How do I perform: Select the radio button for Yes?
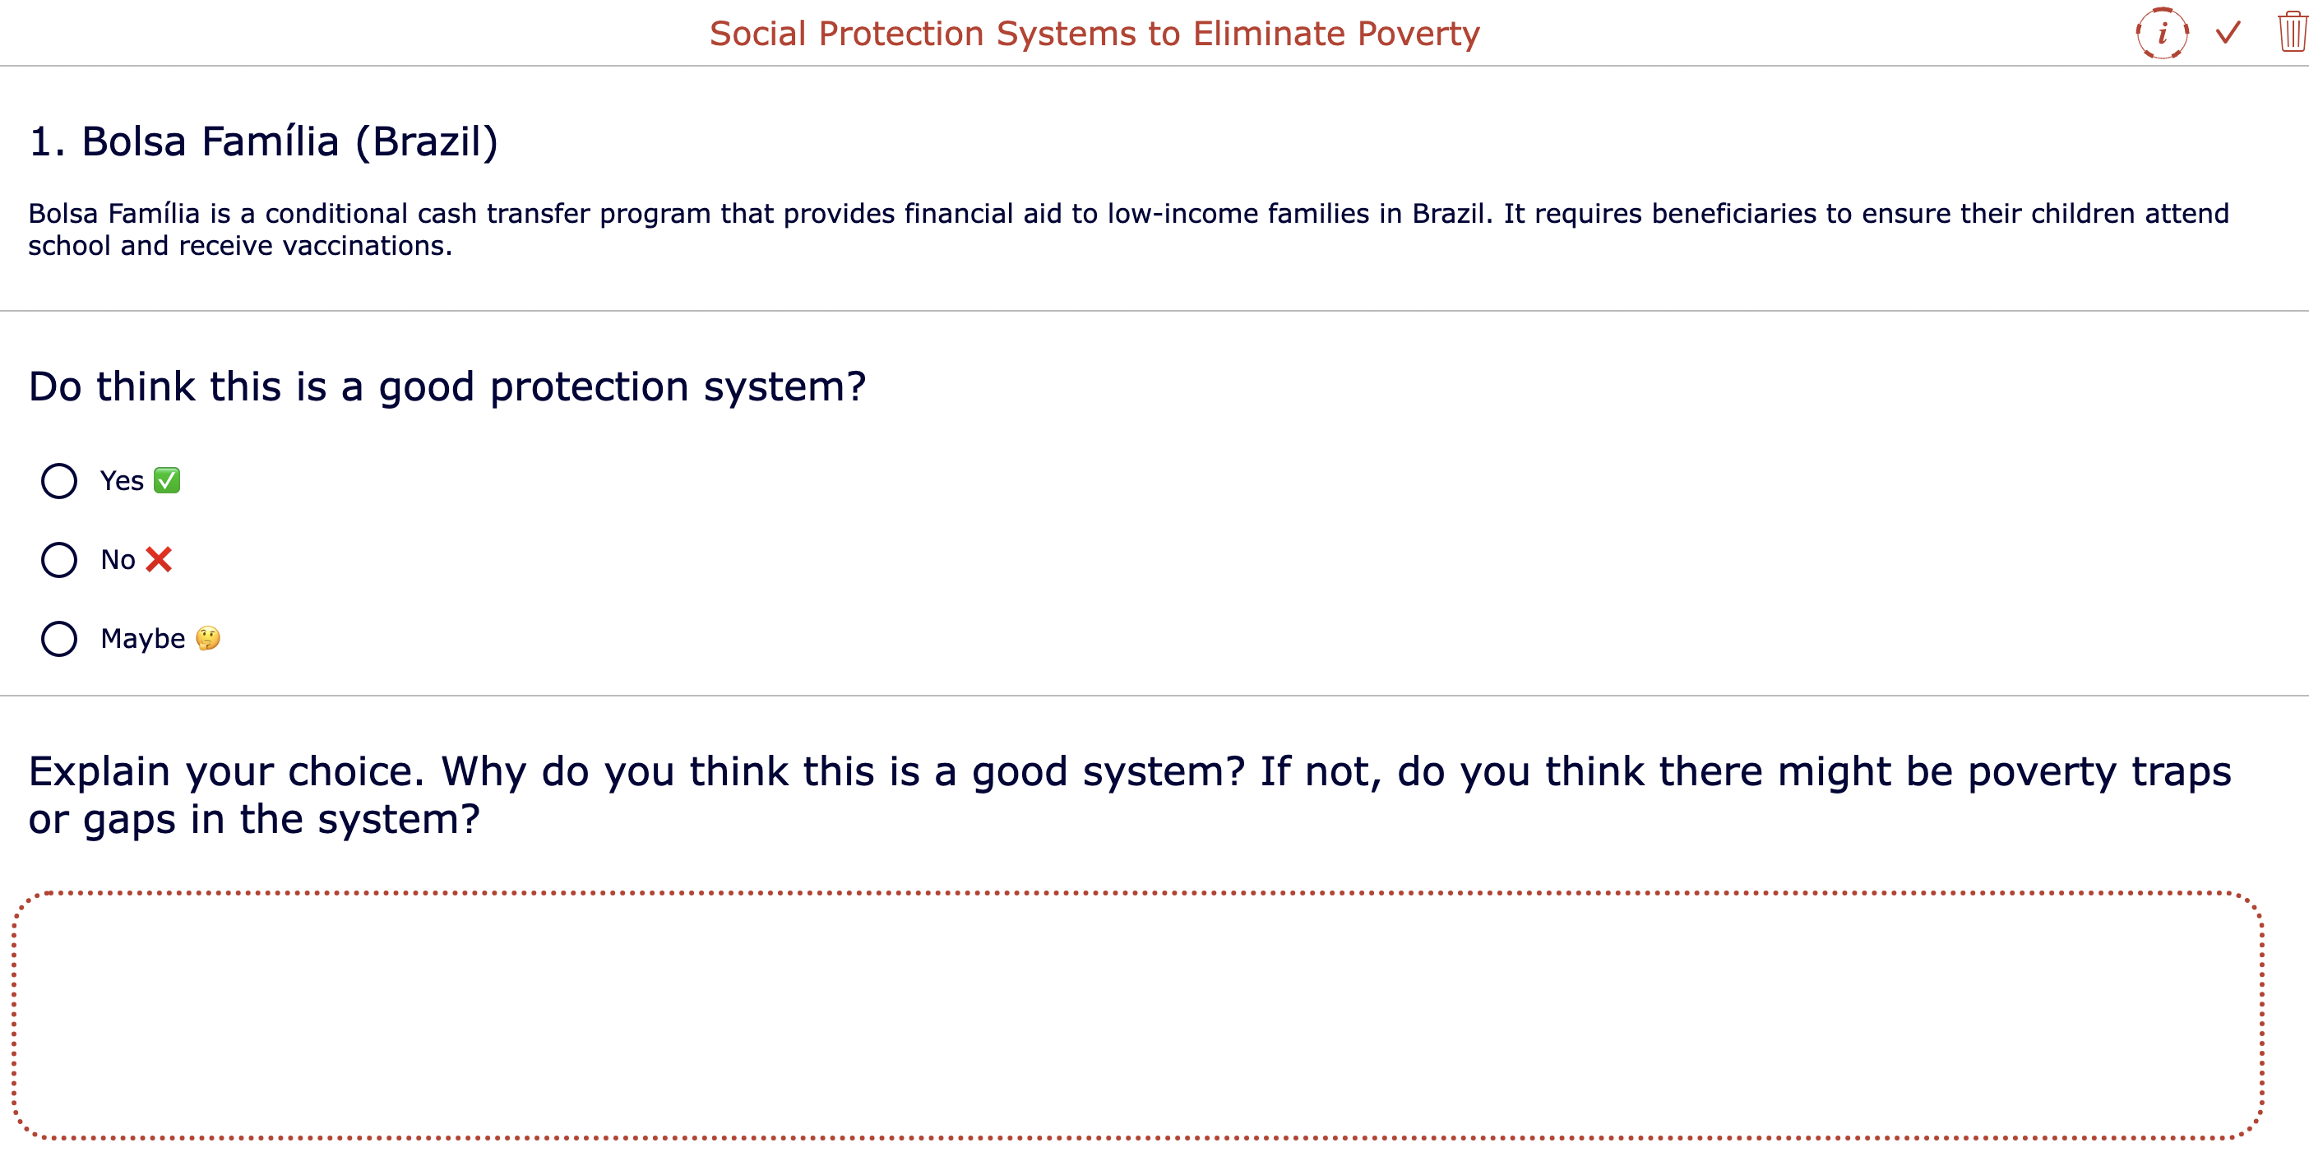point(59,481)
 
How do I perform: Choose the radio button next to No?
point(59,560)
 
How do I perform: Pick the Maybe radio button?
point(59,639)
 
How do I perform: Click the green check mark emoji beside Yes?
point(167,480)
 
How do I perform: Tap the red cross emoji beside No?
point(159,559)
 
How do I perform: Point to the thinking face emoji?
point(208,638)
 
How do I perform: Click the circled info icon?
point(2162,33)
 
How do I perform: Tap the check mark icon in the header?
point(2228,33)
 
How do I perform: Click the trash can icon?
point(2291,32)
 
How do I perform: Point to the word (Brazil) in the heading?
point(427,141)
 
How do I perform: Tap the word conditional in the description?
point(336,213)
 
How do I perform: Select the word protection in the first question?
point(589,387)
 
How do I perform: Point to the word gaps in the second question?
point(129,820)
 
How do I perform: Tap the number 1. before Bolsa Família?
point(47,141)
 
